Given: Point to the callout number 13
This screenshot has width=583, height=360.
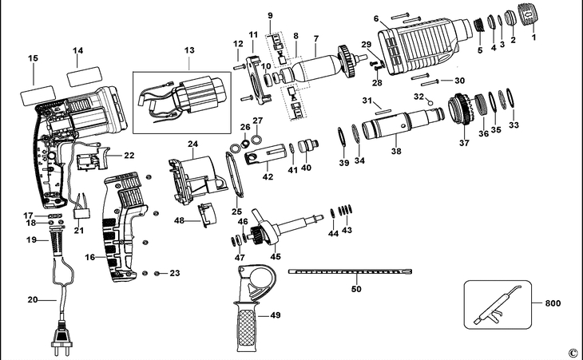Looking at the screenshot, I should click(x=188, y=49).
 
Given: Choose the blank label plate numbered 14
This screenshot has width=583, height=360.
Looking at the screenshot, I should click(x=84, y=77).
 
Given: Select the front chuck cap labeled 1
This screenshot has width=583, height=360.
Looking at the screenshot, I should click(x=526, y=16).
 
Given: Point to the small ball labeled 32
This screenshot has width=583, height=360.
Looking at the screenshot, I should click(x=430, y=102).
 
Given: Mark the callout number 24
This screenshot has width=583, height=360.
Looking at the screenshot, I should click(x=192, y=144).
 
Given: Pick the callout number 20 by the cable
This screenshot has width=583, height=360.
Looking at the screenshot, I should click(x=33, y=300).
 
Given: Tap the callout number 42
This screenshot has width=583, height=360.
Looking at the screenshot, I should click(x=268, y=177).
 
